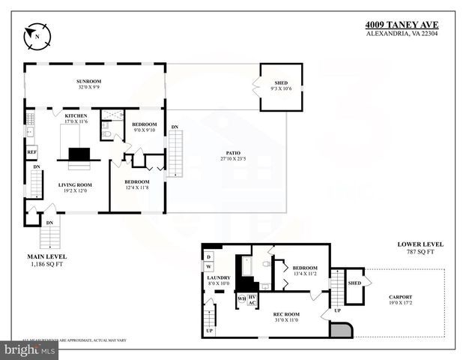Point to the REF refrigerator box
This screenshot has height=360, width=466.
click(x=32, y=152)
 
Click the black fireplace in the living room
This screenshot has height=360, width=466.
click(x=79, y=154)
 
